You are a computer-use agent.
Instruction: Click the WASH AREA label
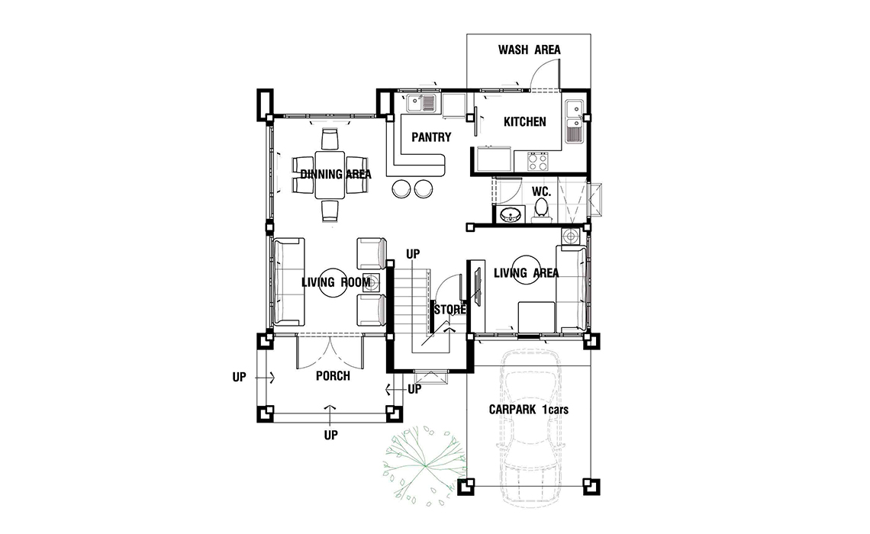click(x=529, y=50)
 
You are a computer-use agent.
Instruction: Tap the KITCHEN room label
click(x=524, y=122)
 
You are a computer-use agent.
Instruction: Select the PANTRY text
click(x=431, y=137)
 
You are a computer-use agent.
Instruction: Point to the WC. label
click(x=542, y=192)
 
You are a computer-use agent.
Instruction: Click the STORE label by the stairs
click(x=450, y=310)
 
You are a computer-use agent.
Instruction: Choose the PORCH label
click(x=333, y=376)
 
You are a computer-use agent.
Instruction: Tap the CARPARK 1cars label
click(x=528, y=410)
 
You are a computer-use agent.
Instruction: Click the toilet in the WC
click(x=541, y=211)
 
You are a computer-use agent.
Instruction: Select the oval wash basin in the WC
click(x=511, y=214)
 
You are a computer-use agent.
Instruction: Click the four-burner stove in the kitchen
click(x=536, y=162)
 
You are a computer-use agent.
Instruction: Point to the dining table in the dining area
click(x=330, y=175)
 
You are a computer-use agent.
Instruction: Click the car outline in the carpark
click(x=530, y=428)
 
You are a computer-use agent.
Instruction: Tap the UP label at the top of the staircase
click(x=413, y=254)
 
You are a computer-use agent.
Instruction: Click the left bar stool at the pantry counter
click(x=401, y=188)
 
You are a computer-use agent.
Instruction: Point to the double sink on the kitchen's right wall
click(x=574, y=122)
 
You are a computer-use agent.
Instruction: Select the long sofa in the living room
click(x=288, y=281)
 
